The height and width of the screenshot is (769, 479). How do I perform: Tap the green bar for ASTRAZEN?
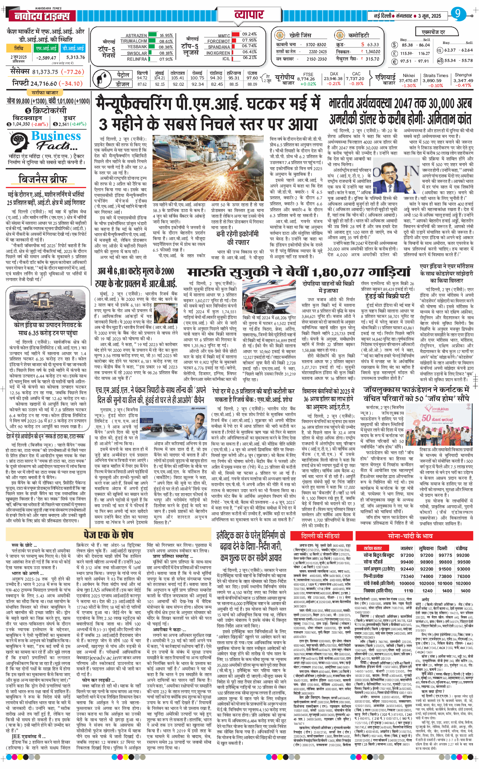[x=153, y=35]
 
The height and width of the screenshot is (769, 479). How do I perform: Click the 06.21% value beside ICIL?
[x=249, y=58]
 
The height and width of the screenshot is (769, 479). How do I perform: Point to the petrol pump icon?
[x=101, y=78]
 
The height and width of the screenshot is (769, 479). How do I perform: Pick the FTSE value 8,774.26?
[x=306, y=79]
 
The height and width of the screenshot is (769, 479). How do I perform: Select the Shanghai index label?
[x=463, y=75]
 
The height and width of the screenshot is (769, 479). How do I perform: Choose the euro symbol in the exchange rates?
[x=395, y=61]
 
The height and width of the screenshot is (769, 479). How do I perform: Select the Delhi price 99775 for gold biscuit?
[x=445, y=555]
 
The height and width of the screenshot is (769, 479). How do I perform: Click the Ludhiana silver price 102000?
[x=427, y=583]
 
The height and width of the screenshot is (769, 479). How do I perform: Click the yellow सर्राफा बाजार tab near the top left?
[x=45, y=92]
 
